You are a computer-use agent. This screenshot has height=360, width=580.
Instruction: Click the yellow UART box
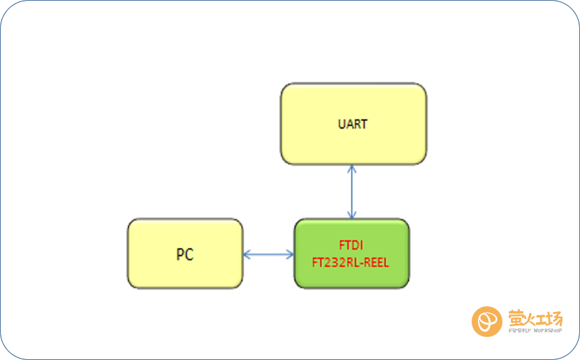tap(354, 124)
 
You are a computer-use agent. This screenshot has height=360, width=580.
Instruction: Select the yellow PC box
tap(185, 254)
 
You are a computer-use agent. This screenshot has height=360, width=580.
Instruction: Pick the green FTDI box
tap(351, 254)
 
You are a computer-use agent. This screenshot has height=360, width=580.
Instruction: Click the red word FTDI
tap(351, 245)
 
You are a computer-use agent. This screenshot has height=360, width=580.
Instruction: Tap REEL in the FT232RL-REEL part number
tap(377, 263)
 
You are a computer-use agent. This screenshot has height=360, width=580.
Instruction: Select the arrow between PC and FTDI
tap(268, 254)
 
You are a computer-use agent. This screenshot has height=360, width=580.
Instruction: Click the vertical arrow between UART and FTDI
tap(351, 192)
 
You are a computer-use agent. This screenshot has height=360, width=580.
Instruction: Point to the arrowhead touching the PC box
tap(247, 254)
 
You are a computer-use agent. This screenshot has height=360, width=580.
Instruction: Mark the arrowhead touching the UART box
tap(351, 168)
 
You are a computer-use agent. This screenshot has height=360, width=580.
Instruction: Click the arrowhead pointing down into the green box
tap(351, 215)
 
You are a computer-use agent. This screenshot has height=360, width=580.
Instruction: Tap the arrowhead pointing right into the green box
tap(290, 254)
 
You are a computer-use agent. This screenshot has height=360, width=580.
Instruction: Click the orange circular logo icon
tap(487, 322)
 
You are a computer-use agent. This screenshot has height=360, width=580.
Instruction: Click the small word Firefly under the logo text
tap(520, 331)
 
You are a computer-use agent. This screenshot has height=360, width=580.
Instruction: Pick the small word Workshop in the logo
tap(547, 331)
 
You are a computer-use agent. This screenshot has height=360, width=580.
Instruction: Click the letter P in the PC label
tap(180, 254)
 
